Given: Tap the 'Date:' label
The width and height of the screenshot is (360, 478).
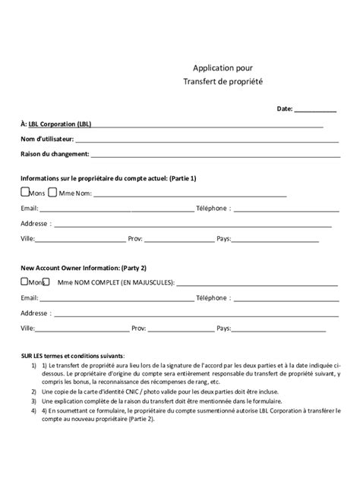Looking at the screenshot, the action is coord(285,109).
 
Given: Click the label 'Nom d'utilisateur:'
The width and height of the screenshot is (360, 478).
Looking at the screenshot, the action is coord(47,139).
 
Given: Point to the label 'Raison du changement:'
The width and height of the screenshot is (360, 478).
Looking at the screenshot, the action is coord(55,154).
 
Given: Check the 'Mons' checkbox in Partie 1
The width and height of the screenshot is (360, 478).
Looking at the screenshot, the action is coord(25,192).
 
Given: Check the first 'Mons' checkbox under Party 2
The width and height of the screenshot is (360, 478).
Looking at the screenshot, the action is coord(25,282).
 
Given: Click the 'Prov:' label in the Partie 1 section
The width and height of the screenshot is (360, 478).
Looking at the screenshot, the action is coord(137,238).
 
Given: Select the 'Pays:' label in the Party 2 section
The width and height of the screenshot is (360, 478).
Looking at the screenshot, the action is coord(224,329).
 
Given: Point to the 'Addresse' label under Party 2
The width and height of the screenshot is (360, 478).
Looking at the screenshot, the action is coord(35,313).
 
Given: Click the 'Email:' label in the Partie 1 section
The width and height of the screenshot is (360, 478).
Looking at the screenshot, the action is coord(30,208).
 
